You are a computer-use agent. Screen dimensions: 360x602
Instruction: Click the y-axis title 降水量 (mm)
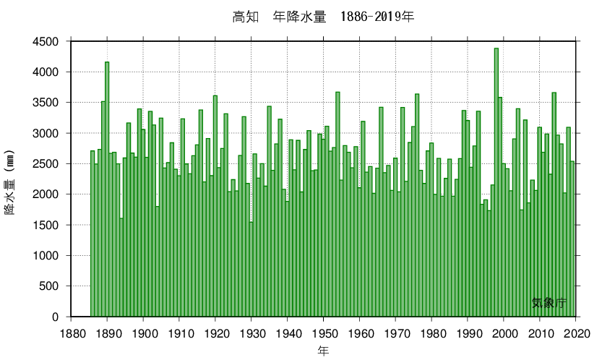point(11,186)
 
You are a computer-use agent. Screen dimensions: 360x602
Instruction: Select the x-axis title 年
point(324,351)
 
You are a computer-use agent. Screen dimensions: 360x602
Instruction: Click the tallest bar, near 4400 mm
point(496,181)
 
